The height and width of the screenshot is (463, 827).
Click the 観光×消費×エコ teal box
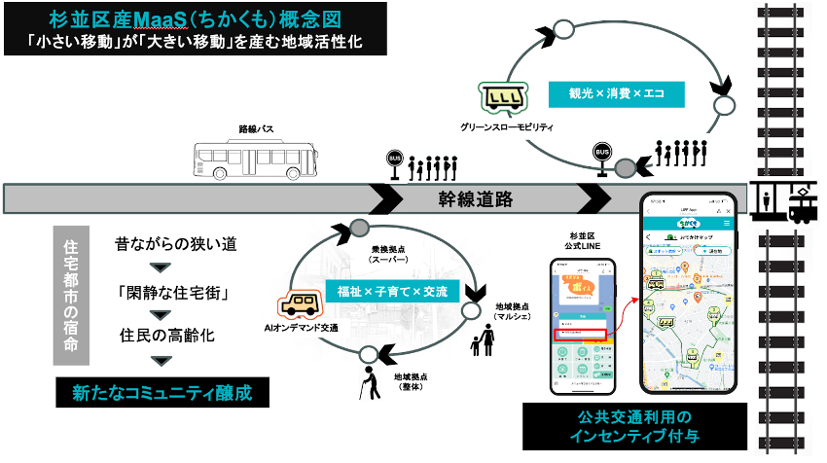click(x=627, y=94)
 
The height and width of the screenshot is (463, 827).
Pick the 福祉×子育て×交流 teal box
click(x=393, y=291)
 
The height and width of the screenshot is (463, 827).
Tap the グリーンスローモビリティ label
click(x=507, y=127)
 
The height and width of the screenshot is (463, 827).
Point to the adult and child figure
click(x=484, y=345)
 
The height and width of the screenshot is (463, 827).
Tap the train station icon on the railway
click(x=785, y=201)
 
